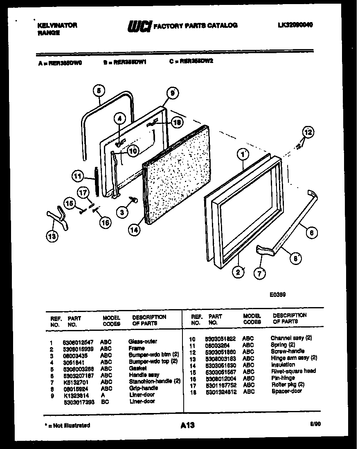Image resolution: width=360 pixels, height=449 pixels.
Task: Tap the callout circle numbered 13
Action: coord(52,236)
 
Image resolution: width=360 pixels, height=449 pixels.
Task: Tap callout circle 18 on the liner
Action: coord(177,121)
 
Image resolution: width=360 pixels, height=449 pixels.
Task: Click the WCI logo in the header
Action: coord(139,26)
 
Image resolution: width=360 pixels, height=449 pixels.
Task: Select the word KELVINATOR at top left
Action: coord(57,25)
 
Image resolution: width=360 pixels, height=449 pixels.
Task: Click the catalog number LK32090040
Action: coord(295,25)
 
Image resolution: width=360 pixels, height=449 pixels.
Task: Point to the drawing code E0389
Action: coord(278,294)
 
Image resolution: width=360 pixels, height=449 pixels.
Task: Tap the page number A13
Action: coord(187,426)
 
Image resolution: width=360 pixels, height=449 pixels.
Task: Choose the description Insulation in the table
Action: coord(283,364)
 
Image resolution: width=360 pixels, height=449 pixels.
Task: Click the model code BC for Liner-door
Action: coord(105,401)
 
